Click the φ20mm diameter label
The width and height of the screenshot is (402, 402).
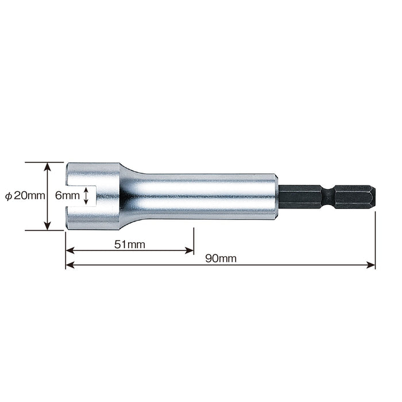[x=25, y=196]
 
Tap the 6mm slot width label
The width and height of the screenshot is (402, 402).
[x=67, y=196]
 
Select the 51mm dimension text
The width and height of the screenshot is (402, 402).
[x=130, y=244]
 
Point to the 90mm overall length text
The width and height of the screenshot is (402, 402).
[x=221, y=258]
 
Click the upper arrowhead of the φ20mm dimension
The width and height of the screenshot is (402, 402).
[x=48, y=167]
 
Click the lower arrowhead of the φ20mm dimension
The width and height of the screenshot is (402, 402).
[x=48, y=226]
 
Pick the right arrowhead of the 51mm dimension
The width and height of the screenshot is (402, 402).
[x=189, y=250]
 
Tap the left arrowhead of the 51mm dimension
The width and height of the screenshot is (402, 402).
[x=70, y=250]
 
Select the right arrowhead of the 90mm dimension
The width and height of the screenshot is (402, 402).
[x=371, y=265]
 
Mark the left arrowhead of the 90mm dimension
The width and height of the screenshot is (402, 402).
[x=70, y=265]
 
